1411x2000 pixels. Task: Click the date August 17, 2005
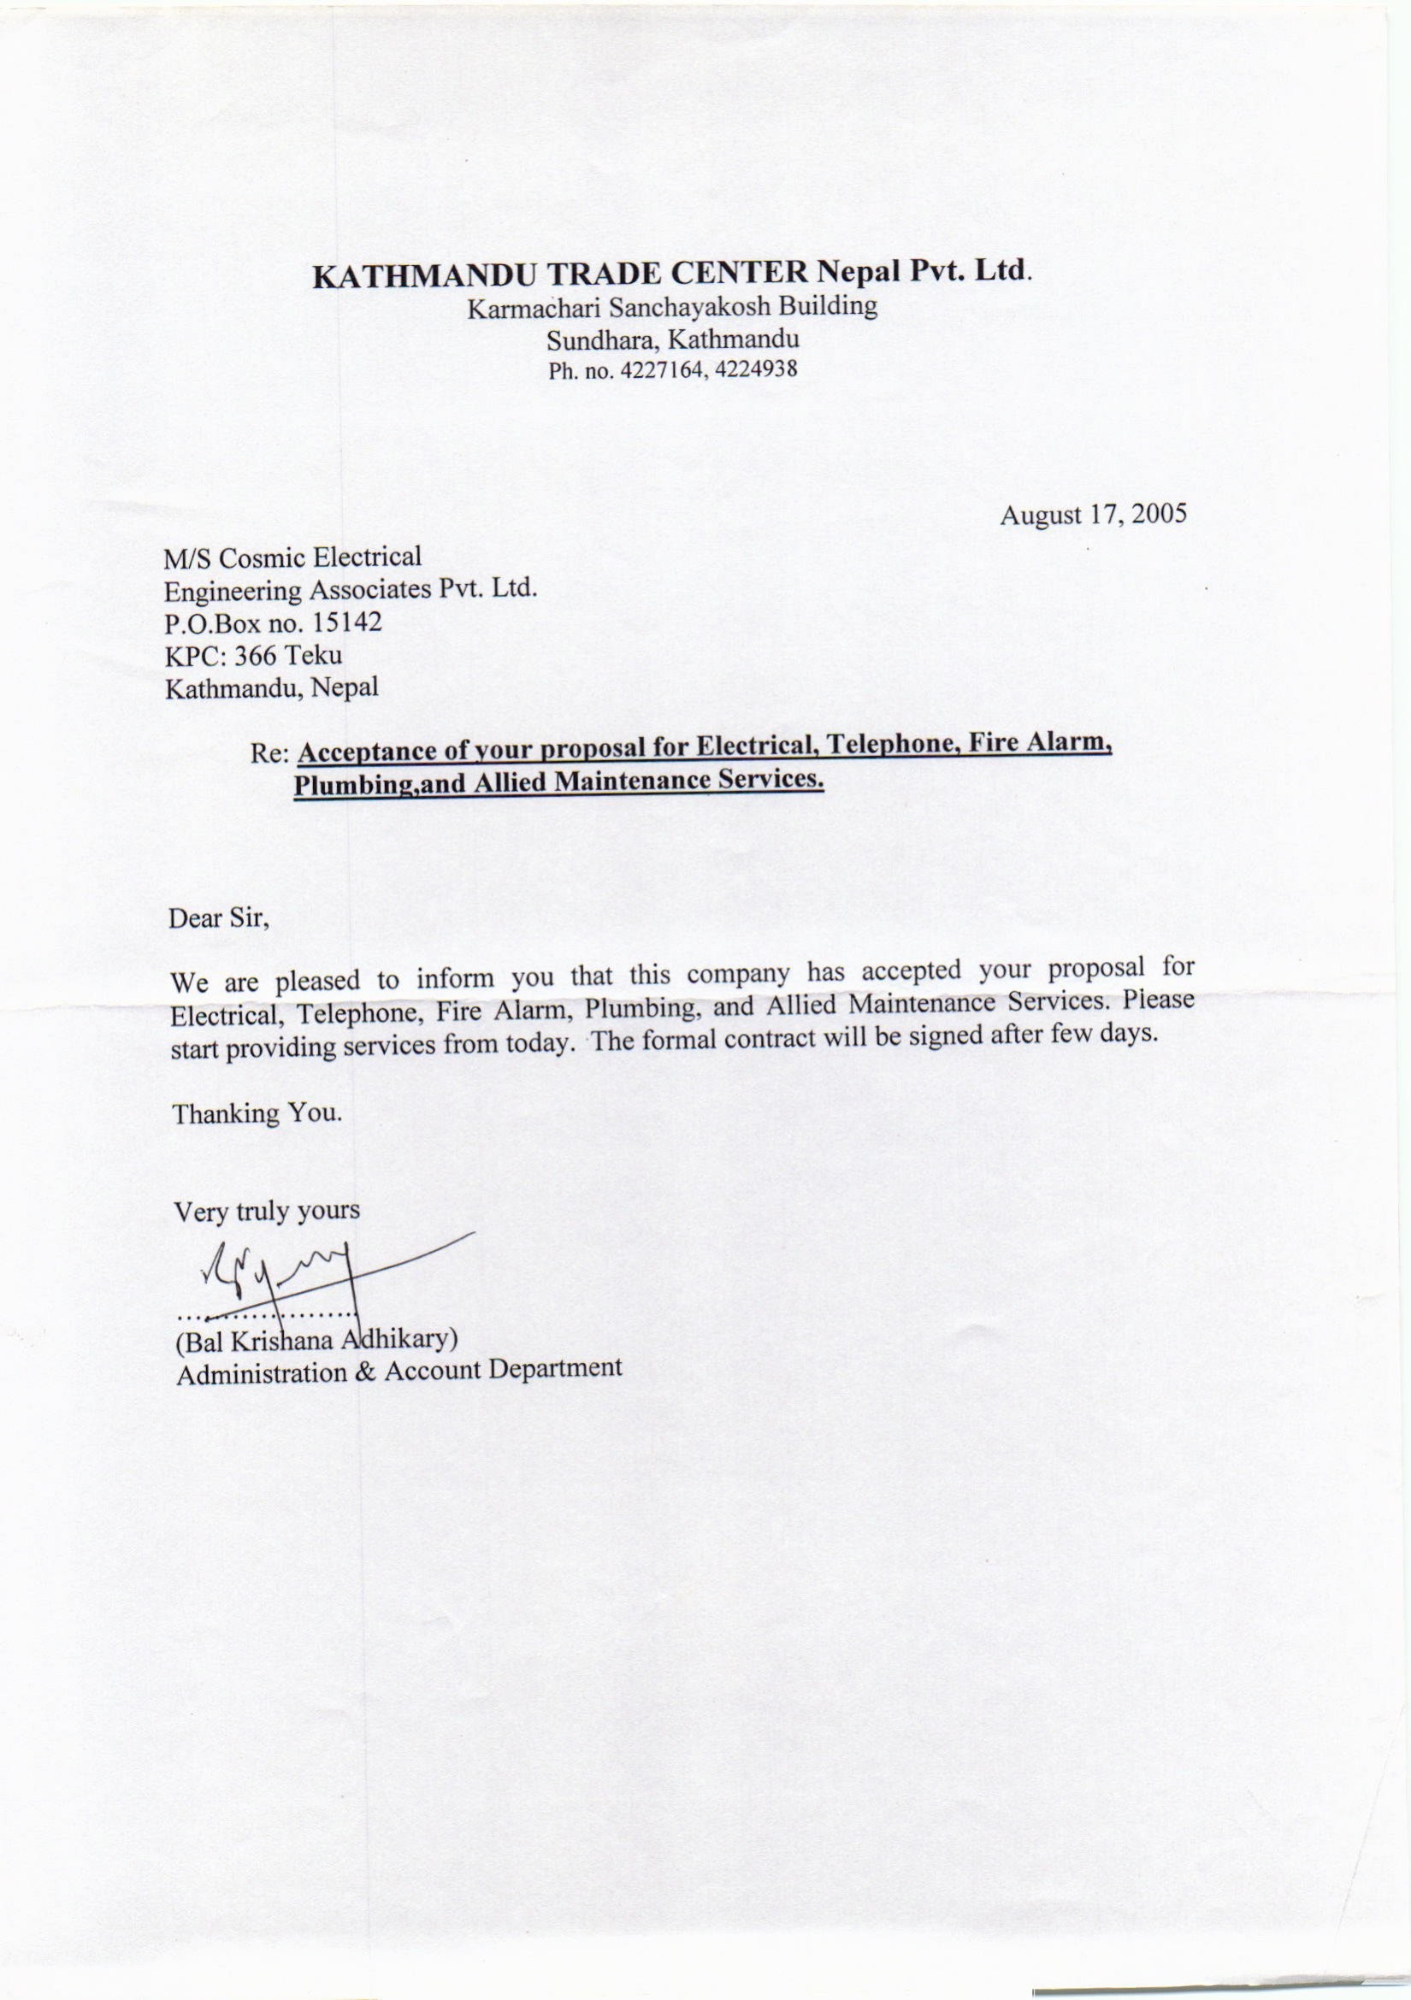(x=1093, y=514)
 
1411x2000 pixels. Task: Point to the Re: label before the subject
(x=269, y=753)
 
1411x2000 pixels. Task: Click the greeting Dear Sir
(x=220, y=919)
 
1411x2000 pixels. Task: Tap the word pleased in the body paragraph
(x=317, y=982)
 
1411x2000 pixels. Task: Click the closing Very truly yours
(x=267, y=1212)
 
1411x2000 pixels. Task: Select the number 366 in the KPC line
(x=256, y=655)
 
